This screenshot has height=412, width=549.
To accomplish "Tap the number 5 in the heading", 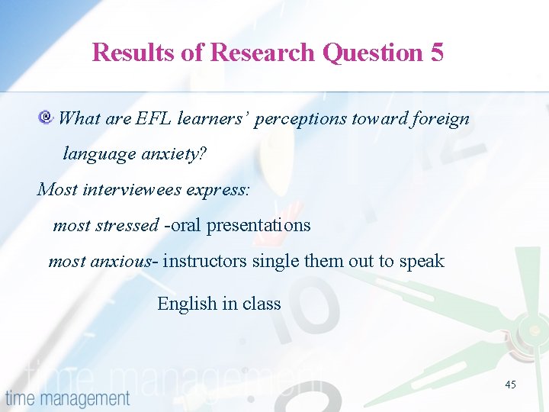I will click(436, 53).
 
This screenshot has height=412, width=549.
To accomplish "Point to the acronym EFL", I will click(154, 118).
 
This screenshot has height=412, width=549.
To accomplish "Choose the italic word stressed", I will click(128, 225).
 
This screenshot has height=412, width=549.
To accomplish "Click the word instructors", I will click(205, 261).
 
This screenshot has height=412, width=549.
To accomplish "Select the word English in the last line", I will click(187, 304).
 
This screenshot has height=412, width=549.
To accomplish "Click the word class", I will click(262, 304).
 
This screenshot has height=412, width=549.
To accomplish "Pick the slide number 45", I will click(510, 385).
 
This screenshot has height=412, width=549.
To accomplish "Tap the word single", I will click(275, 261).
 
